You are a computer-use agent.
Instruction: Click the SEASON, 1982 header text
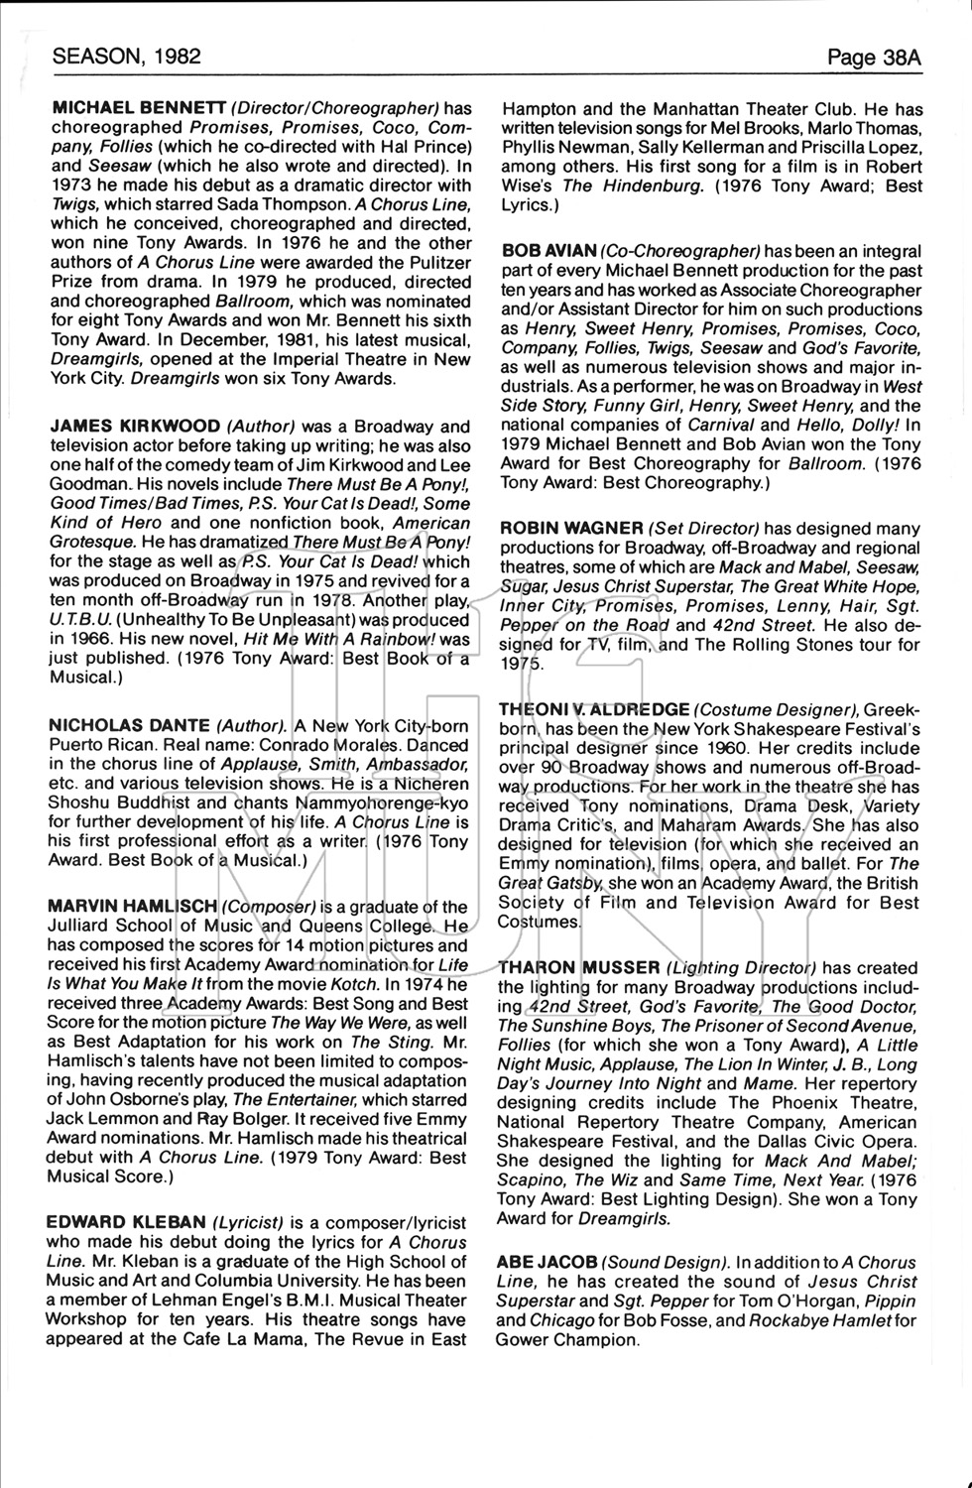(126, 57)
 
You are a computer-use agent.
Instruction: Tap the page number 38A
(875, 58)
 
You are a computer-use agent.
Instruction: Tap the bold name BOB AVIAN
(548, 252)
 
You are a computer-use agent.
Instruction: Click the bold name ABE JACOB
(546, 1262)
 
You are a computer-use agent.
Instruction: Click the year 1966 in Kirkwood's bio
(90, 639)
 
